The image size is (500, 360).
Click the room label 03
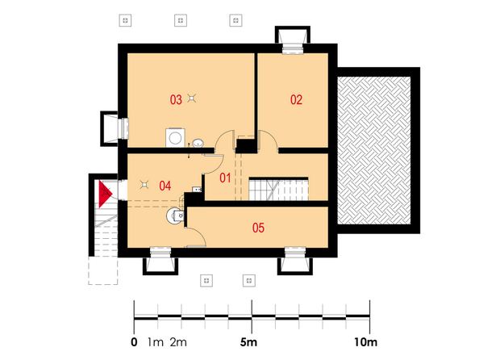[x=176, y=100]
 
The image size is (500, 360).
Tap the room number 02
[x=296, y=100]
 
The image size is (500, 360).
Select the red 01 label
[x=225, y=178]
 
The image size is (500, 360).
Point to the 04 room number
[x=165, y=186]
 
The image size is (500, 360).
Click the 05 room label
[x=258, y=228]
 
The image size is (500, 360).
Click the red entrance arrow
[x=105, y=194]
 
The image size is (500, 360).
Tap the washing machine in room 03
[x=175, y=138]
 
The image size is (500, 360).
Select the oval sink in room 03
[x=198, y=144]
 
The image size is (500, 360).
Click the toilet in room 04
[x=175, y=216]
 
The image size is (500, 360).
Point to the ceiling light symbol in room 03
[x=191, y=98]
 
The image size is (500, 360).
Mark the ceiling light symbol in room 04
[x=144, y=185]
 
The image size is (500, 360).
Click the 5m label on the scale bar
[x=248, y=342]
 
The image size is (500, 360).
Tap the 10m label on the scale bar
[x=365, y=342]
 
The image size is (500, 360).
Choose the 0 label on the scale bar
[x=134, y=342]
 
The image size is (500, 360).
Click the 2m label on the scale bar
[x=178, y=342]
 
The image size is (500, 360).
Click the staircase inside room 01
[x=278, y=189]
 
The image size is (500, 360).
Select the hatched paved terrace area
[x=373, y=150]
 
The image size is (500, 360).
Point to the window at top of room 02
[x=293, y=48]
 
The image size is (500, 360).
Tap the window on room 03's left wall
[x=123, y=128]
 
